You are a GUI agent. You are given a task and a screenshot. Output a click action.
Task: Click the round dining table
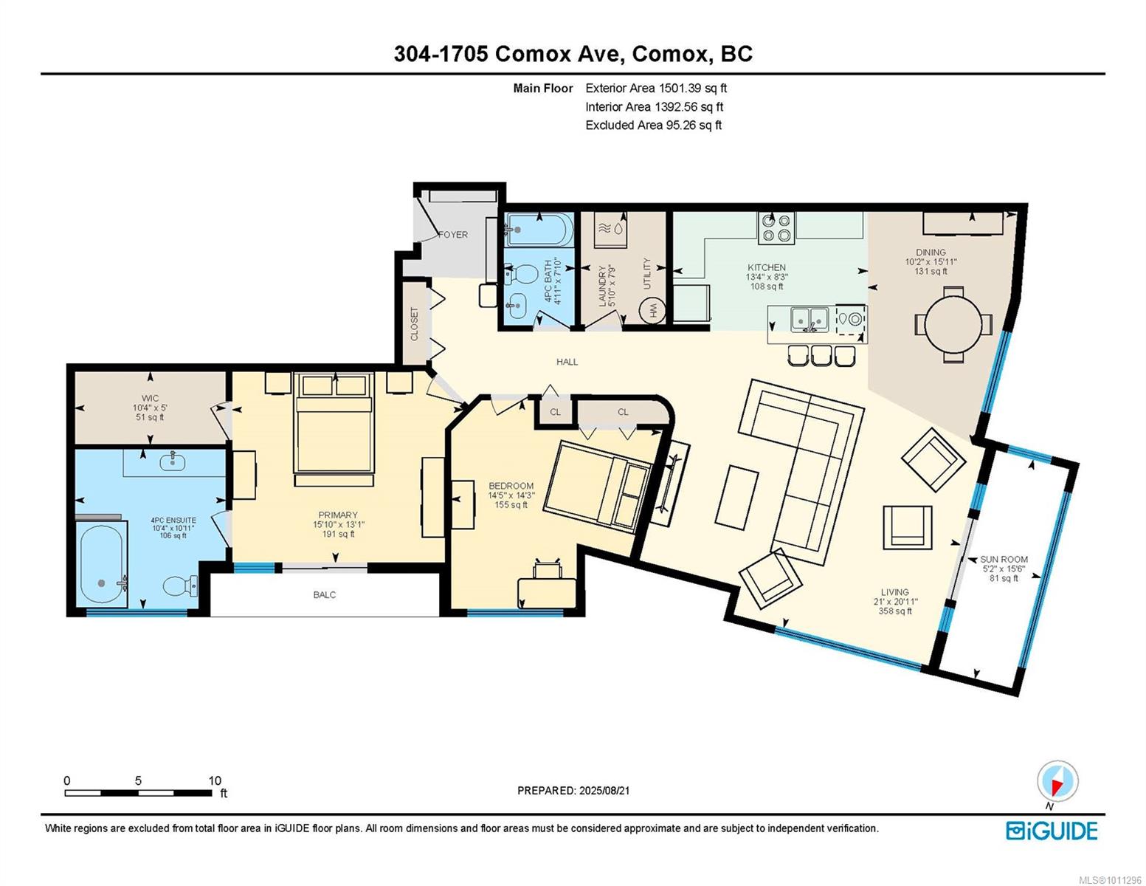pyautogui.click(x=953, y=324)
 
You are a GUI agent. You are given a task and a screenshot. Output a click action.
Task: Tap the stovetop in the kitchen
pyautogui.click(x=776, y=228)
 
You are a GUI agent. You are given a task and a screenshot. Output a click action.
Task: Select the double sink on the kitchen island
pyautogui.click(x=809, y=320)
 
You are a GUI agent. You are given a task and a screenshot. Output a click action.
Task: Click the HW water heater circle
pyautogui.click(x=652, y=312)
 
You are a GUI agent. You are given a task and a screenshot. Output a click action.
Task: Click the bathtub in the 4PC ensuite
pyautogui.click(x=102, y=565)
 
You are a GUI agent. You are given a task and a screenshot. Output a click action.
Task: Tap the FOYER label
pyautogui.click(x=453, y=235)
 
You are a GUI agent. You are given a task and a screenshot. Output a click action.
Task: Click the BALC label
pyautogui.click(x=325, y=594)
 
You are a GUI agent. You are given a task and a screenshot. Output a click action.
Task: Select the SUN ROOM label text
pyautogui.click(x=1004, y=560)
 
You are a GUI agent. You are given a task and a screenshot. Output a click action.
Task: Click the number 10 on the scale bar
pyautogui.click(x=215, y=780)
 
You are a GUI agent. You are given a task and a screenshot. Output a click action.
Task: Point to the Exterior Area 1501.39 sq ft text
pyautogui.click(x=656, y=88)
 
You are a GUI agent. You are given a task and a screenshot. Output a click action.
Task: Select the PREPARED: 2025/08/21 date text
pyautogui.click(x=573, y=791)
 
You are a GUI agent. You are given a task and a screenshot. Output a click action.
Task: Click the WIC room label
pyautogui.click(x=150, y=398)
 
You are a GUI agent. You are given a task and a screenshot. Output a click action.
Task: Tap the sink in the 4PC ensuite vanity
pyautogui.click(x=173, y=461)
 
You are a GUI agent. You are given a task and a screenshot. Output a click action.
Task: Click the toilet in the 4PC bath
pyautogui.click(x=520, y=275)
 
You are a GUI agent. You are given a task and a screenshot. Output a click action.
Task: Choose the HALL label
pyautogui.click(x=567, y=362)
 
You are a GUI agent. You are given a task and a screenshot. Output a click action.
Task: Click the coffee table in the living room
pyautogui.click(x=736, y=497)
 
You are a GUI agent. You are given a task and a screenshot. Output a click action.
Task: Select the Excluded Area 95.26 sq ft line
pyautogui.click(x=653, y=125)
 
